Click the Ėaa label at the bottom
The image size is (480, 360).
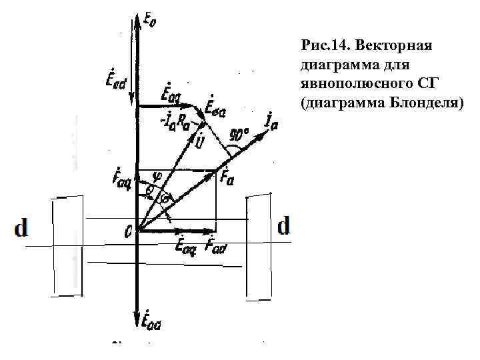point(151,323)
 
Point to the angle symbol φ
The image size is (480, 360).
point(156,177)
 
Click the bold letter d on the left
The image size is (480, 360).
point(21,229)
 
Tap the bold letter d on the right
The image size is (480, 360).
point(284,227)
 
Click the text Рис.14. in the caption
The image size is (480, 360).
point(325,46)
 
